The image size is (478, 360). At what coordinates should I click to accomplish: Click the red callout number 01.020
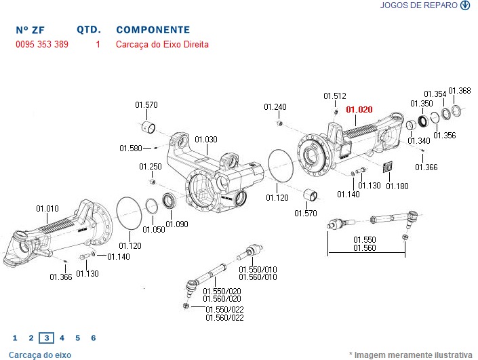coord(359,108)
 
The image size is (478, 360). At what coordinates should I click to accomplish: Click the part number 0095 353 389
coord(42,45)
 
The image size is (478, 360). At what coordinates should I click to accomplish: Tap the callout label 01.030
coord(206,140)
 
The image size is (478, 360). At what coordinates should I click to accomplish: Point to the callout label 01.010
coord(47,208)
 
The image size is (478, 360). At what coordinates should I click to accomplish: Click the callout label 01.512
coord(334,96)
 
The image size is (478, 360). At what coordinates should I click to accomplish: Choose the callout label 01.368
coord(460,91)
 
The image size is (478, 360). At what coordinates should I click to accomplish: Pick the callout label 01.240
coord(275,107)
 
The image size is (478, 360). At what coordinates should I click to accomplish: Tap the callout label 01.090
coord(178,224)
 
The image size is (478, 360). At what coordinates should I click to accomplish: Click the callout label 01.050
coord(154,230)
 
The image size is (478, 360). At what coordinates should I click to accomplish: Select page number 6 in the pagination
coord(94,338)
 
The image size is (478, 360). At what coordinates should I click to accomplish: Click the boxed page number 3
coord(46,338)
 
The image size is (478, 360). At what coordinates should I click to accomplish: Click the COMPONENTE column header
coord(153,30)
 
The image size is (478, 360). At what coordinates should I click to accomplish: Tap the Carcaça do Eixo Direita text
coord(162,45)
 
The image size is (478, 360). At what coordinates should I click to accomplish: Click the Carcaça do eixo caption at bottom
coord(40,355)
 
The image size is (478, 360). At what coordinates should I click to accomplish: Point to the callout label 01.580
coord(131,148)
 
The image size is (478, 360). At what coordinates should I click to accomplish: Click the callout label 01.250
coord(151,167)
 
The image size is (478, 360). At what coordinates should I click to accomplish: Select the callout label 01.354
coord(435,94)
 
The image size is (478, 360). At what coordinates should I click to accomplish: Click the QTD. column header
coord(89,30)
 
